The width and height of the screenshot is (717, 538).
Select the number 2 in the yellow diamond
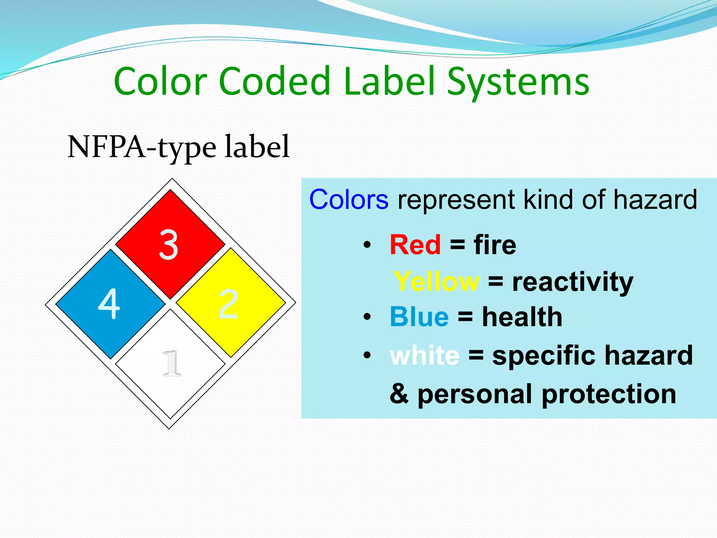pyautogui.click(x=228, y=304)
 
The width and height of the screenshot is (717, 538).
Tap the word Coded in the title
pyautogui.click(x=275, y=81)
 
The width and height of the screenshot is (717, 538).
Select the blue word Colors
pyautogui.click(x=349, y=200)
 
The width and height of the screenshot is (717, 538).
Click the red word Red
pyautogui.click(x=415, y=245)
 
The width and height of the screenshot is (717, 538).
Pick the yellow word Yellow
pyautogui.click(x=436, y=282)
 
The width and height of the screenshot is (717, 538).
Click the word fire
pyautogui.click(x=495, y=245)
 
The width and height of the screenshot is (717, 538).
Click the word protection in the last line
pyautogui.click(x=609, y=394)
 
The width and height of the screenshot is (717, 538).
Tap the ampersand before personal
pyautogui.click(x=399, y=394)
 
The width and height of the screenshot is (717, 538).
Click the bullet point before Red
pyautogui.click(x=367, y=245)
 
